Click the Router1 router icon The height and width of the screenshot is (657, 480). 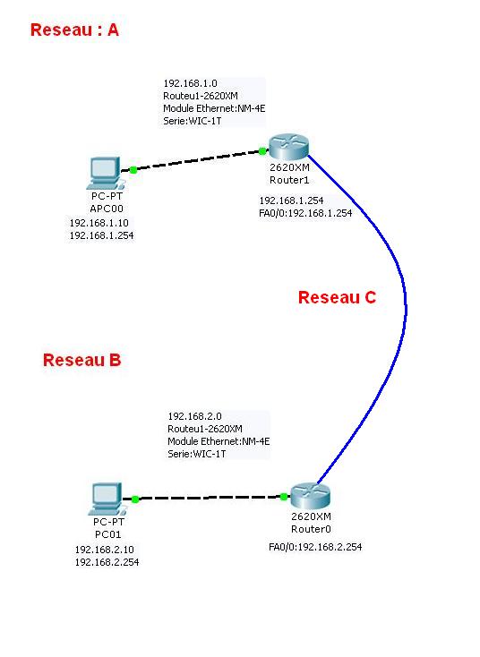tap(288, 147)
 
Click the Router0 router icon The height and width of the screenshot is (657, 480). tap(311, 495)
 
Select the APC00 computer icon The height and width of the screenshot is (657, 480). tap(105, 173)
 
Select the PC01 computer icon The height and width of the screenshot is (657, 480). tap(107, 499)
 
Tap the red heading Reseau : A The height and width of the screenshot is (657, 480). tap(74, 30)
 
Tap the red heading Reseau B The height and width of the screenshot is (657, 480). tap(81, 360)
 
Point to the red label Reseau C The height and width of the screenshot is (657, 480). tap(337, 297)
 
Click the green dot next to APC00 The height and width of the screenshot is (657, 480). tap(133, 170)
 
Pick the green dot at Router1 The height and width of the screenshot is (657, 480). tap(262, 151)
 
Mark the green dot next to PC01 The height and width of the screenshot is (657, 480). tap(135, 499)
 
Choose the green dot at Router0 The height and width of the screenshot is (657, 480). tap(284, 497)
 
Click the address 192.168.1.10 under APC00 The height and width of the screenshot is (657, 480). tap(99, 223)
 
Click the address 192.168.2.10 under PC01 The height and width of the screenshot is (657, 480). tap(105, 550)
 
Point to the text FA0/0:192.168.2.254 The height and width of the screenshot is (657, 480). tap(315, 547)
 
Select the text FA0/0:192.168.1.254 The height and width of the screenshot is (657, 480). tap(305, 213)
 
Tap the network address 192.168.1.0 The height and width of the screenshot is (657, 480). tap(191, 83)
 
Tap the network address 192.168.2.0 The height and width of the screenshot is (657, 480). tap(194, 416)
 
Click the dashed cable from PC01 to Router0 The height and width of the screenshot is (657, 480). tap(210, 498)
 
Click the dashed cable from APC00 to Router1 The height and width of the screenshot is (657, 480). tap(198, 160)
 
